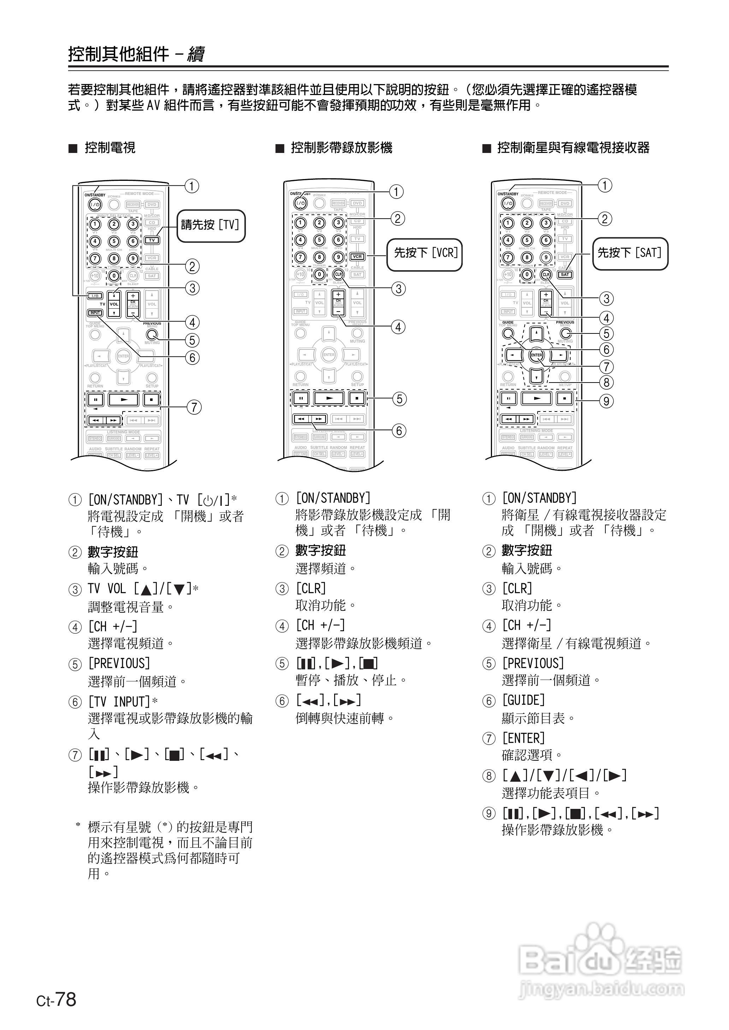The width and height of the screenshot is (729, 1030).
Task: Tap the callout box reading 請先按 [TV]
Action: point(211,225)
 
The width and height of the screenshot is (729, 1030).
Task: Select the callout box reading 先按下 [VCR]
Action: point(425,254)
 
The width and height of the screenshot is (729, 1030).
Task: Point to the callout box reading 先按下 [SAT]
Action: point(630,254)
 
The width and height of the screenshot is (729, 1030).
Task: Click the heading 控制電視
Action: point(110,148)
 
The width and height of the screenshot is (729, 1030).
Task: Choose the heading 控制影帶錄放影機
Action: point(341,148)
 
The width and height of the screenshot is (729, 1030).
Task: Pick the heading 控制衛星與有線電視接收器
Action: point(573,148)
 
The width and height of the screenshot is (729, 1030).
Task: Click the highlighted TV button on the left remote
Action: point(152,240)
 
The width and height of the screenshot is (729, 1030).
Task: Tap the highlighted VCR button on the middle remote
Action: point(357,257)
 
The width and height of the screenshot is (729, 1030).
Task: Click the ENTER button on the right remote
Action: point(537,355)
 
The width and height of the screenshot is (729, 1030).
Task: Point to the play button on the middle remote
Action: point(329,398)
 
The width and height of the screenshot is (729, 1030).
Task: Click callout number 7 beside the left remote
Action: point(194,408)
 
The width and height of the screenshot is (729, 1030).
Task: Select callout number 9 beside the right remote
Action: point(606,401)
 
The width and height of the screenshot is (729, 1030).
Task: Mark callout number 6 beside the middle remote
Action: point(399,431)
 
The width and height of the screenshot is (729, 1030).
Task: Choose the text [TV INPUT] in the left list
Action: point(119,702)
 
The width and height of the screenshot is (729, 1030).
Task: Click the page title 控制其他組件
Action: point(119,54)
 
